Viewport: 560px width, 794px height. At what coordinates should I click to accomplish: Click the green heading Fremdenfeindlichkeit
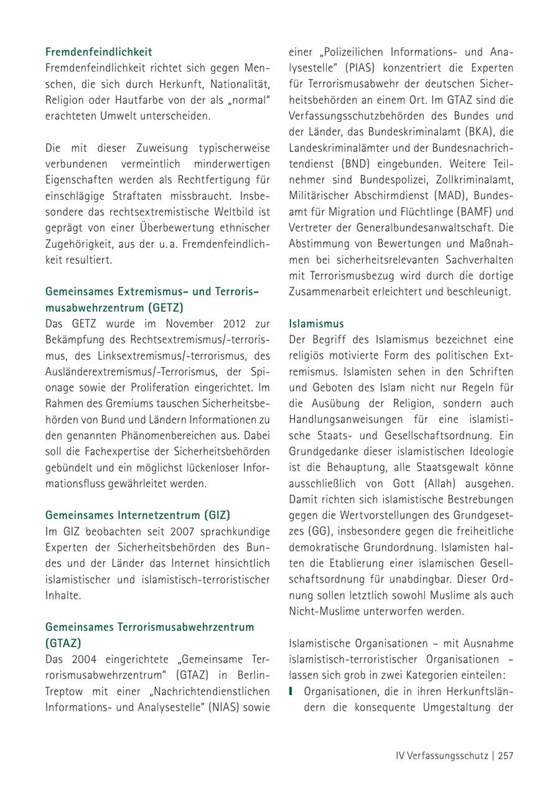99,52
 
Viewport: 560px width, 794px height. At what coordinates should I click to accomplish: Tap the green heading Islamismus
316,324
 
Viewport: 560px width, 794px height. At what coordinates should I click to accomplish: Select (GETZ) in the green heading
166,307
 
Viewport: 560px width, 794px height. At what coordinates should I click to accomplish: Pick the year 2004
86,659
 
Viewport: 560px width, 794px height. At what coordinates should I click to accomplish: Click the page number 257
505,755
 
